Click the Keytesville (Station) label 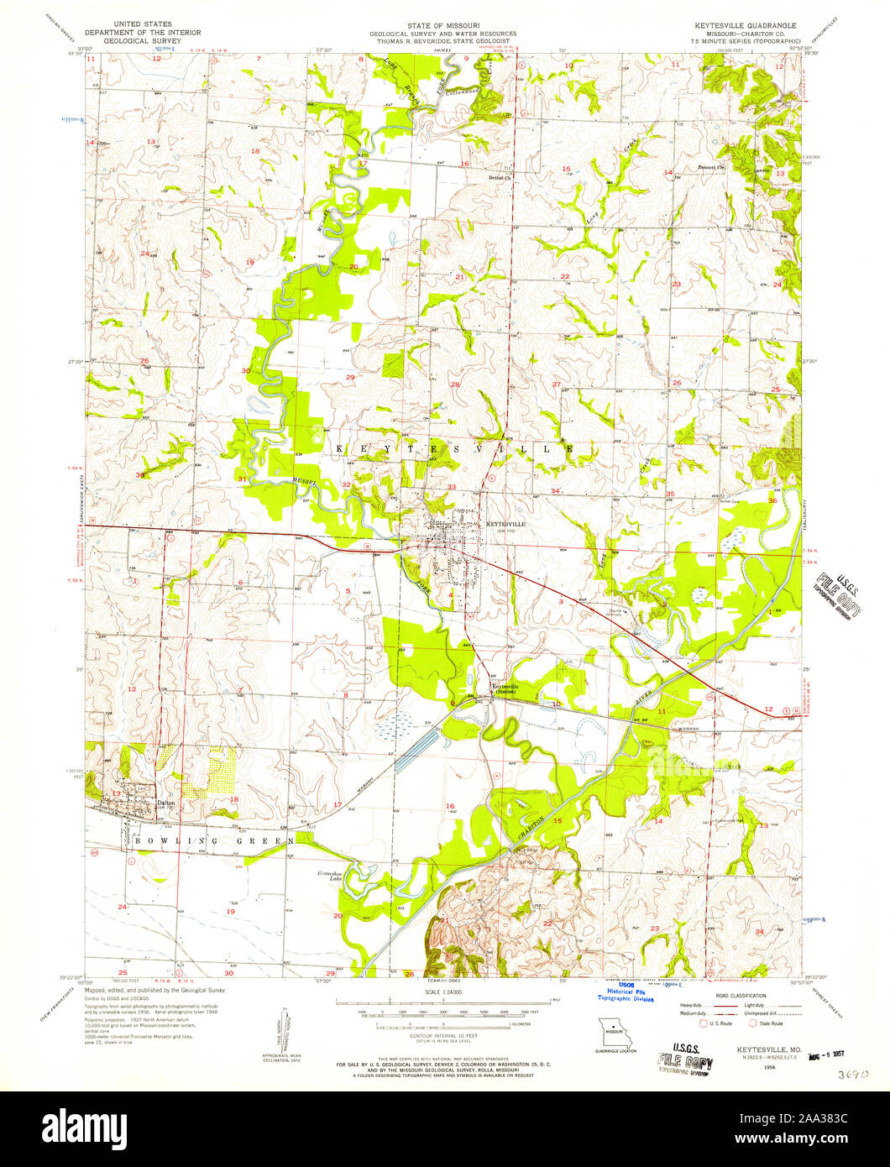point(505,688)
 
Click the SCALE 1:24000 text point(444,993)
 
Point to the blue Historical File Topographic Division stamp point(625,994)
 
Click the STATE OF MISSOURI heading point(444,27)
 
